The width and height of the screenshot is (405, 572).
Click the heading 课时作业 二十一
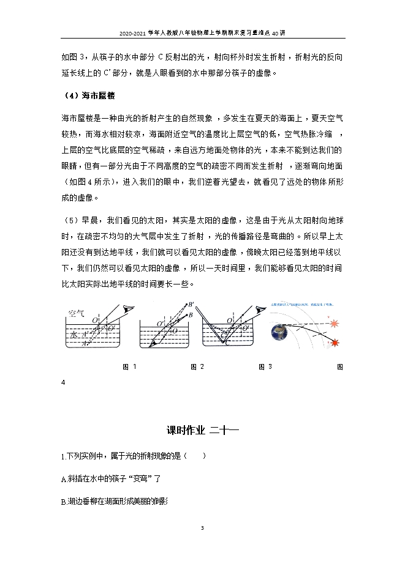point(202,430)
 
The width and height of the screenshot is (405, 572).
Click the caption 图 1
point(129,366)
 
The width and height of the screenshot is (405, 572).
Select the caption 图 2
point(197,366)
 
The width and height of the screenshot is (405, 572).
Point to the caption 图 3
point(265,366)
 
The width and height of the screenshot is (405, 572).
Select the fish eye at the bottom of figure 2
point(153,344)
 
